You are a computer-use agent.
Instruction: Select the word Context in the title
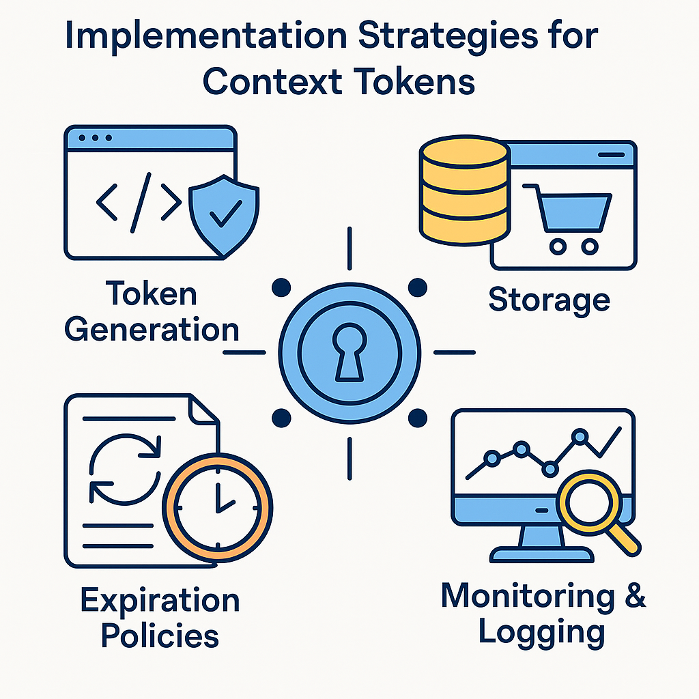[x=273, y=83]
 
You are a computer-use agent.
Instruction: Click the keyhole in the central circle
[x=349, y=350]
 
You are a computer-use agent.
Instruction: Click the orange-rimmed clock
[x=218, y=508]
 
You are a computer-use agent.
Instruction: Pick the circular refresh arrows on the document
[x=126, y=468]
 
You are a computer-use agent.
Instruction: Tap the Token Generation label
[x=152, y=312]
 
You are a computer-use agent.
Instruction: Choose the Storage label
[x=549, y=300]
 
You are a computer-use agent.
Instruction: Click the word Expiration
[x=160, y=601]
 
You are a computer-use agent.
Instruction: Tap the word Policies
[x=160, y=636]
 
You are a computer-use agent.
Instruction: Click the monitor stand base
[x=542, y=554]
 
